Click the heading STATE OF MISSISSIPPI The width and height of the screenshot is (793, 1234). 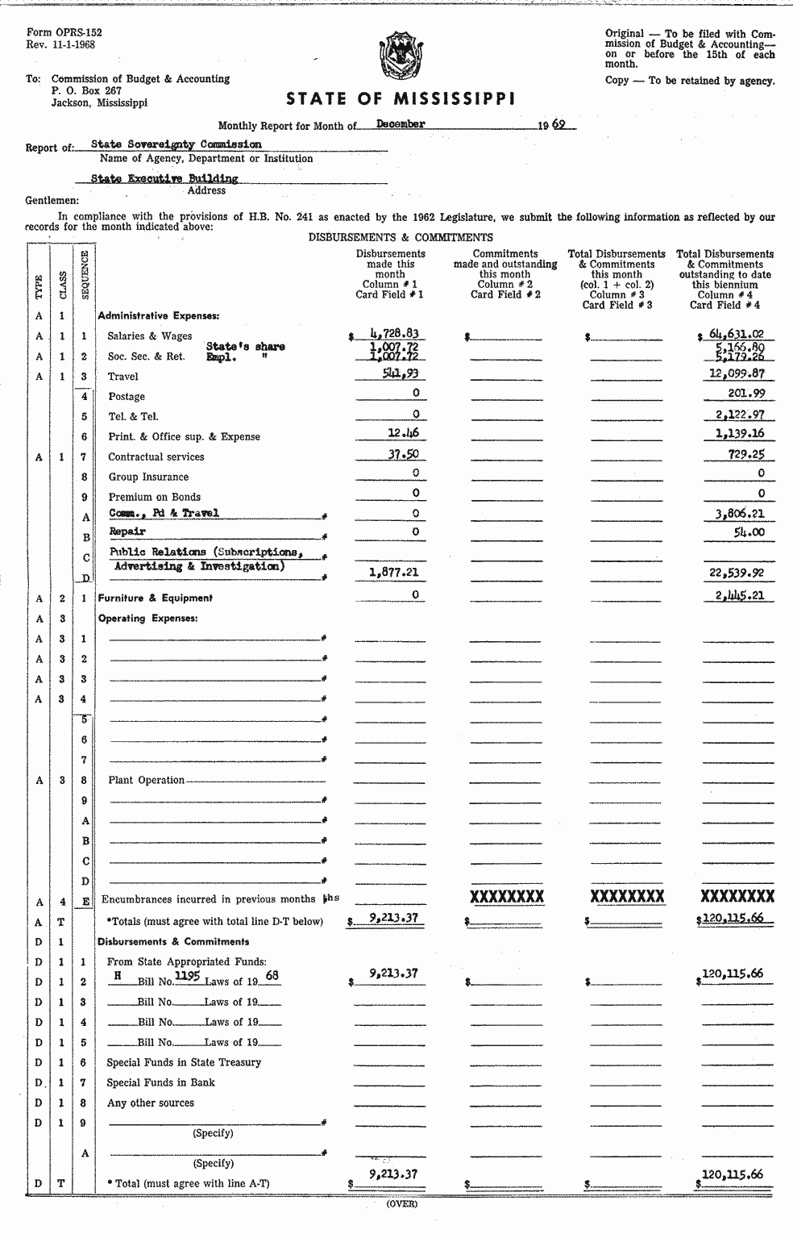(401, 99)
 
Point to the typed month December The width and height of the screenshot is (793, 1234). (401, 124)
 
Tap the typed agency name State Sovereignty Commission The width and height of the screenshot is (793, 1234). (176, 144)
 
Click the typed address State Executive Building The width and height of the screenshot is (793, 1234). (164, 178)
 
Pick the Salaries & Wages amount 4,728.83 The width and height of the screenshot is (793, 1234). (394, 333)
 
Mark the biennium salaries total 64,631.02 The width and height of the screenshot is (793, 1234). (737, 333)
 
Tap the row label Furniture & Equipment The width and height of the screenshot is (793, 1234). (155, 598)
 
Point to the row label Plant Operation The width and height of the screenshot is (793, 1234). (146, 780)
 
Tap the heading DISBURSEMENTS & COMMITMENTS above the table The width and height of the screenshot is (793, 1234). (400, 237)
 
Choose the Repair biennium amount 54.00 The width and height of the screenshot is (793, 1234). (749, 532)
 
